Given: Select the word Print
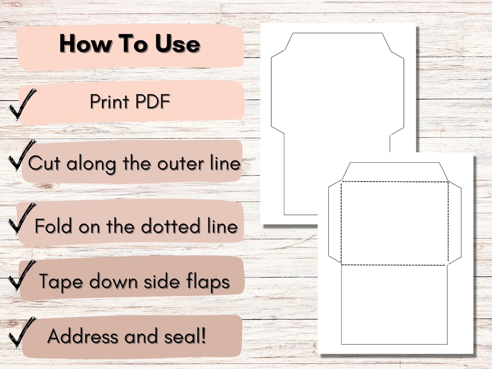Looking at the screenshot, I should point(109,101).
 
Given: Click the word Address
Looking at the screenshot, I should point(83,336).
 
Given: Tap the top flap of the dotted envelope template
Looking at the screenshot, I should point(395,172).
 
